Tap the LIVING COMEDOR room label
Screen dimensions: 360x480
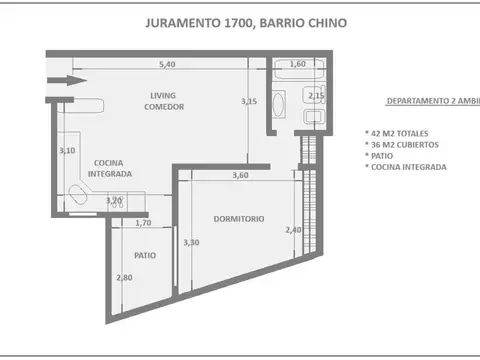click(x=163, y=102)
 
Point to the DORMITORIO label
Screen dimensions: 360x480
click(x=239, y=219)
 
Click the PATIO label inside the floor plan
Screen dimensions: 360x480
click(x=145, y=255)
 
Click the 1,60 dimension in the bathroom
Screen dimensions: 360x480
click(x=297, y=64)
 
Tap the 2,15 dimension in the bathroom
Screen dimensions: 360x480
click(x=316, y=96)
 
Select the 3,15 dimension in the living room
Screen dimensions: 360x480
click(x=248, y=101)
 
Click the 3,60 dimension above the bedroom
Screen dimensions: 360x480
click(x=240, y=176)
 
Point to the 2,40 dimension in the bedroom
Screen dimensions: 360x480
click(x=293, y=230)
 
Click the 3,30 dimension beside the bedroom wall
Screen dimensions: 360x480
click(x=190, y=243)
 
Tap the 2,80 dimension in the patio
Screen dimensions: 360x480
click(x=123, y=278)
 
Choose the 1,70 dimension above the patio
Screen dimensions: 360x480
click(x=143, y=223)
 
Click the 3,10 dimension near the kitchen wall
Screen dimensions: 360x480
click(x=67, y=151)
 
